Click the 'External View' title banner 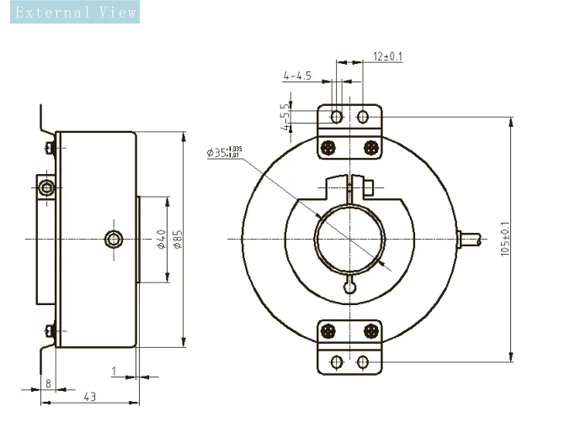(x=70, y=12)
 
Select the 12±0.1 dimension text (x=387, y=56)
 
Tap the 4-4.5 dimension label (x=297, y=76)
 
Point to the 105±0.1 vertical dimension (x=504, y=240)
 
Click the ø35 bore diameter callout (x=223, y=153)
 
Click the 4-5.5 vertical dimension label (x=285, y=117)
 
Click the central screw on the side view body (x=114, y=240)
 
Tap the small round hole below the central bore (x=349, y=287)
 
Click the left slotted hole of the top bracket (x=336, y=116)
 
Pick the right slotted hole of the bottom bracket (x=363, y=362)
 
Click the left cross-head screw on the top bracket (x=329, y=147)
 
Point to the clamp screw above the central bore (x=367, y=185)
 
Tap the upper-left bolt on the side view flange (x=50, y=148)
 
